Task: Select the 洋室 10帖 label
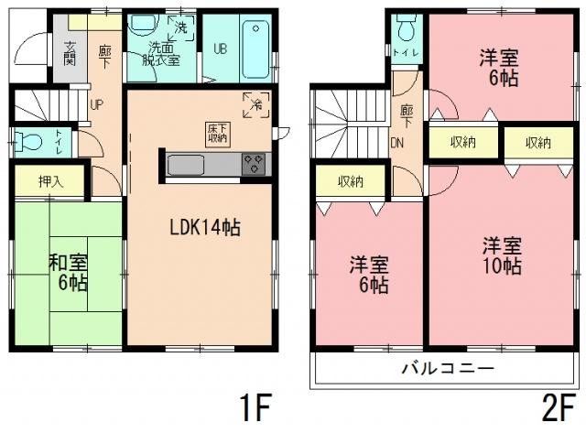[x=503, y=256]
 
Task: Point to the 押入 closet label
[x=51, y=180]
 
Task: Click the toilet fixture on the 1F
[x=28, y=142]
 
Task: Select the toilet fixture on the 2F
[x=406, y=30]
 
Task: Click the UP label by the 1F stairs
[x=96, y=103]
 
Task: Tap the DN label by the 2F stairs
[x=399, y=143]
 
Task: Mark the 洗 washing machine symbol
[x=181, y=27]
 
